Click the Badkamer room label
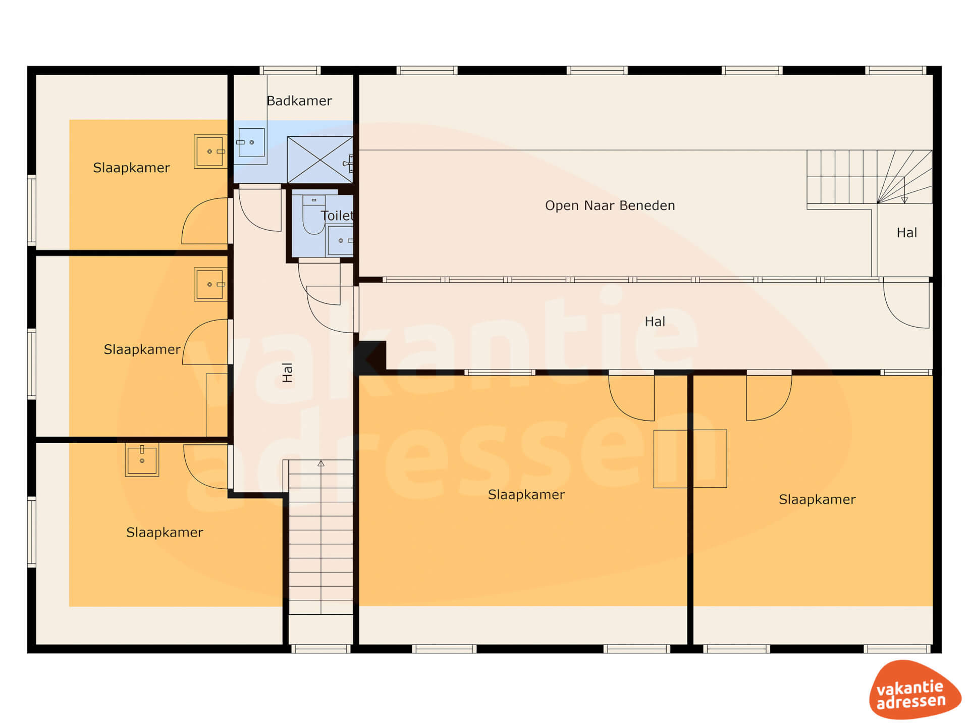299,101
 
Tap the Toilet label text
337,216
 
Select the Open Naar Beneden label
610,205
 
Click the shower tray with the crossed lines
320,160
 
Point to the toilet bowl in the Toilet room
313,215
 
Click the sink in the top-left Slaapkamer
210,151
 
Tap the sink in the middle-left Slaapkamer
210,284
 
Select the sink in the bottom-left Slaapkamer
142,459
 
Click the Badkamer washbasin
251,142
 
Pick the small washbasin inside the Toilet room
341,240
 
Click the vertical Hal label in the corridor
287,373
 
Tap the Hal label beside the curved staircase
906,233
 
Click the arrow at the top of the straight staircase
321,463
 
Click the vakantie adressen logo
915,690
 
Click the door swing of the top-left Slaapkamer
205,221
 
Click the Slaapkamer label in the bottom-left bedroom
165,532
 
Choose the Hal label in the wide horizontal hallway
655,322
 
